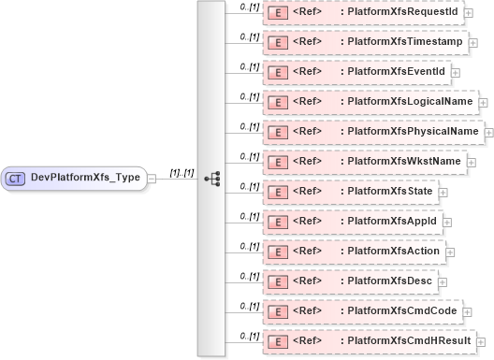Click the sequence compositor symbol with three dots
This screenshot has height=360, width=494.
(211, 178)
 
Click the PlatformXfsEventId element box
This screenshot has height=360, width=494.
(356, 72)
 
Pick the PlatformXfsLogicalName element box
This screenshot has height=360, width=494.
(370, 102)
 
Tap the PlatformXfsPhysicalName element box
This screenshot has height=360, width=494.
(372, 132)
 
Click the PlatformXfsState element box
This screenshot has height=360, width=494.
(350, 192)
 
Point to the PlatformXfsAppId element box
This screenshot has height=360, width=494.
(352, 222)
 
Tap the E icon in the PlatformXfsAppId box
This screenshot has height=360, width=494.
(278, 222)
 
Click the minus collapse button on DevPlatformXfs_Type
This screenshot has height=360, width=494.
(152, 178)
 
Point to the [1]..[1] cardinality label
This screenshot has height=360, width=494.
(182, 171)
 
